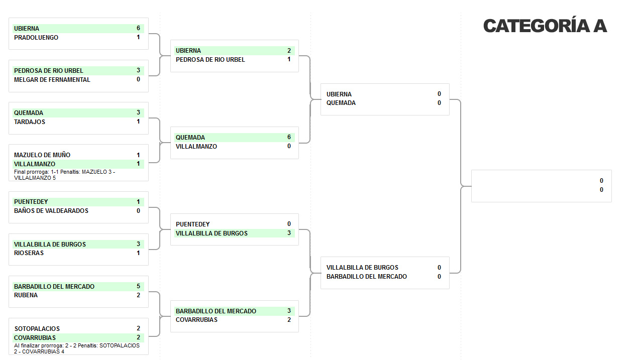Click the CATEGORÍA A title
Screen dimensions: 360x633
coord(545,26)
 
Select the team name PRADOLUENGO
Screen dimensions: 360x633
coord(36,38)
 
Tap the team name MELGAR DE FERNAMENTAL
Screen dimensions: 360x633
coord(52,80)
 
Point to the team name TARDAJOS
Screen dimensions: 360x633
coord(30,122)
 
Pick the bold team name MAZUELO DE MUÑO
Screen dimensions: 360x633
coord(42,155)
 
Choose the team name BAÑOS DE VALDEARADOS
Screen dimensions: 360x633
coord(51,211)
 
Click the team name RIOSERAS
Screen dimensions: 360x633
coord(29,253)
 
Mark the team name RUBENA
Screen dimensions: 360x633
coord(26,295)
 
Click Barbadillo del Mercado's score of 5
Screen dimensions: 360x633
coord(138,286)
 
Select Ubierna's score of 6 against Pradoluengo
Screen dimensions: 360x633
coord(138,28)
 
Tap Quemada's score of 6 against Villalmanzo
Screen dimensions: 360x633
coord(289,137)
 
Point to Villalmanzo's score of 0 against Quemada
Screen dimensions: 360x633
coord(289,146)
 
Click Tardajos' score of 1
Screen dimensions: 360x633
coord(138,122)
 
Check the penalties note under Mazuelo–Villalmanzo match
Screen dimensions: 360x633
coord(64,175)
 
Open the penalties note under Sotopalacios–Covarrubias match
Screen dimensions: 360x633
coord(76,348)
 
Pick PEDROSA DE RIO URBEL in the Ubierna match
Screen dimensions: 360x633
coord(210,60)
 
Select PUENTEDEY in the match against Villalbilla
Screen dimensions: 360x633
coord(193,224)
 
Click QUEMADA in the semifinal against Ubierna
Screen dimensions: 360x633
coord(341,103)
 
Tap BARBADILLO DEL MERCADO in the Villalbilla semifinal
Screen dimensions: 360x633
coord(367,277)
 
